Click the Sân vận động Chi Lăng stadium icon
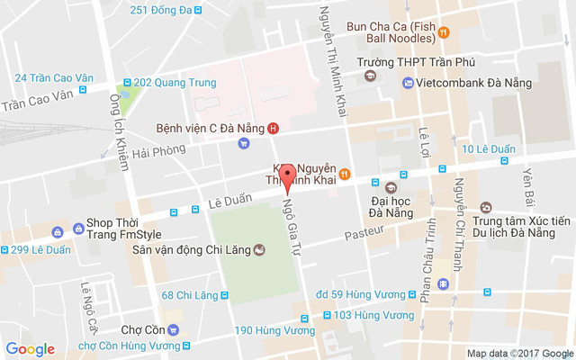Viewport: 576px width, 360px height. tap(259, 249)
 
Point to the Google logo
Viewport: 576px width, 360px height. tap(30, 349)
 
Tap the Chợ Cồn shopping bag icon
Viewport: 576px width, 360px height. tap(185, 328)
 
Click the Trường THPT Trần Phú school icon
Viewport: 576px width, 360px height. tap(370, 76)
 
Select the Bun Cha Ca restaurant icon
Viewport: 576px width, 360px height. tap(445, 33)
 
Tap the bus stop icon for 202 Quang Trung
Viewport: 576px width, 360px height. tap(127, 83)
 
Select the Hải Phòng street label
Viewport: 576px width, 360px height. tap(152, 154)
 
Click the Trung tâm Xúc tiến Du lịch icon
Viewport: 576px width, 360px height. tap(486, 207)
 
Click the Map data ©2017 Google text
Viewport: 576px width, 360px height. tap(519, 353)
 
